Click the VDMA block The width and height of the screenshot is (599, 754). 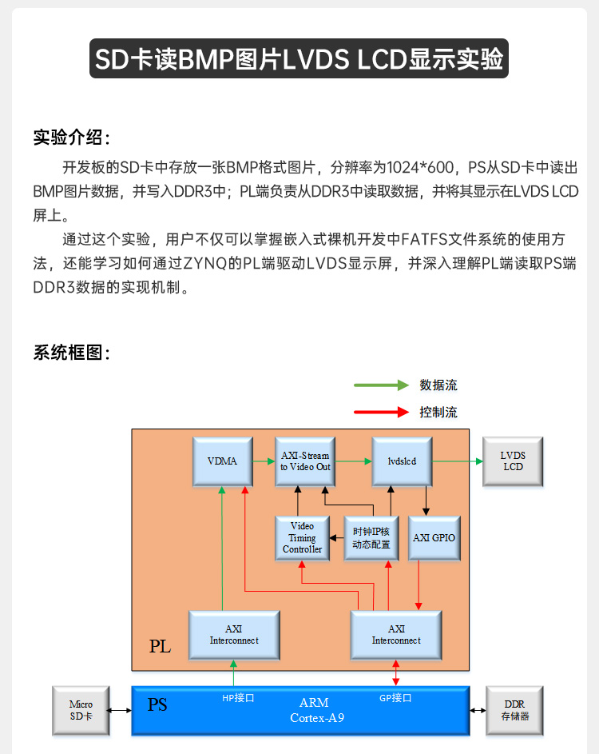point(223,461)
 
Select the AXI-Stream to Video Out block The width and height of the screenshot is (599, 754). point(304,461)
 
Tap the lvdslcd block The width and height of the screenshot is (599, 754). point(402,461)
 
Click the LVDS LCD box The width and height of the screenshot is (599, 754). point(513,461)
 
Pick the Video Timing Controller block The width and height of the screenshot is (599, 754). point(303,538)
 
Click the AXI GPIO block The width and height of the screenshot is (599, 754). point(434,538)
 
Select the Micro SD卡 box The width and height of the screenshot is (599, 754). point(81,711)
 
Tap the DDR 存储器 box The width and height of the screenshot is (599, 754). point(514,711)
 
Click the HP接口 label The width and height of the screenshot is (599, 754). point(238,698)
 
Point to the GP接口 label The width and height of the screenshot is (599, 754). point(395,698)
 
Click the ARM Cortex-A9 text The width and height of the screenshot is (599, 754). point(314,711)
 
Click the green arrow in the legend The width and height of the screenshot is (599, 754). point(380,385)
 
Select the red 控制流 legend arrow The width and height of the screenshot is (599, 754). point(380,413)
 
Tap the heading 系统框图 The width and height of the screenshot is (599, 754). point(72,353)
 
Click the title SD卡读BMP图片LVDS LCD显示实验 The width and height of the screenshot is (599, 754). point(299,59)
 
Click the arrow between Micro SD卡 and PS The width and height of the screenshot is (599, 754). point(121,711)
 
